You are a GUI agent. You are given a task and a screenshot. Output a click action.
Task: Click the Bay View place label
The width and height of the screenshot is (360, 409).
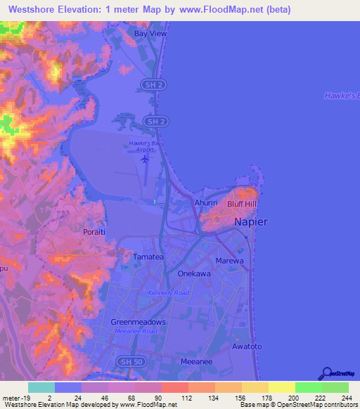pyautogui.click(x=150, y=33)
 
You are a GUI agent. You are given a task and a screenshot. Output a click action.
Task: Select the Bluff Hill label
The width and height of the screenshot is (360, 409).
pyautogui.click(x=243, y=204)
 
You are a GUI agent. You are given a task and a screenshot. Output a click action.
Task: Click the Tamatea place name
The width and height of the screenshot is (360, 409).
pyautogui.click(x=148, y=257)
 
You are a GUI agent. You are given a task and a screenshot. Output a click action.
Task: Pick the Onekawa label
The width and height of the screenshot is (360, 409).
pyautogui.click(x=194, y=274)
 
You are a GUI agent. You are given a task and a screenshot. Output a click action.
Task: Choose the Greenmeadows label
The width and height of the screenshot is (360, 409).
pyautogui.click(x=139, y=322)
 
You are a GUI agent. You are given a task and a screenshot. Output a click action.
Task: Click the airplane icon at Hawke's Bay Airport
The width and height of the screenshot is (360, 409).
pyautogui.click(x=146, y=158)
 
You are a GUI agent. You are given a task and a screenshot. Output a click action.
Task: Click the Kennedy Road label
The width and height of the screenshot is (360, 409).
pyautogui.click(x=169, y=292)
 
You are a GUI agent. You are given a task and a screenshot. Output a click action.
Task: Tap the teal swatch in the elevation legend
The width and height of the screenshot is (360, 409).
pyautogui.click(x=41, y=387)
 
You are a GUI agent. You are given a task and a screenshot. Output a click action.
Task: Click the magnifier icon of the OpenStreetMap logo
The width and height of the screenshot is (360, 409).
pyautogui.click(x=326, y=373)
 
